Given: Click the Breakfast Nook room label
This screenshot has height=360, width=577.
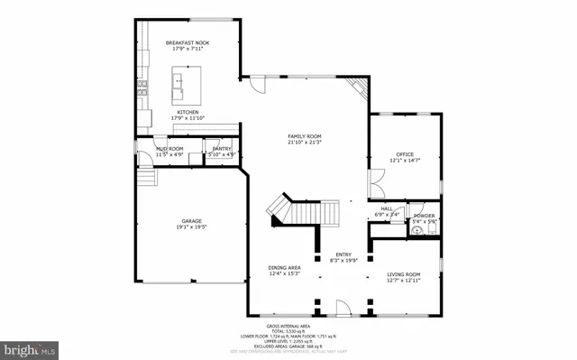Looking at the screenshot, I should pyautogui.click(x=188, y=43).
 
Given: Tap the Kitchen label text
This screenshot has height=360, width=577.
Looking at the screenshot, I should pyautogui.click(x=188, y=112).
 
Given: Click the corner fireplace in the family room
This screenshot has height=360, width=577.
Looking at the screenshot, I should pyautogui.click(x=359, y=88).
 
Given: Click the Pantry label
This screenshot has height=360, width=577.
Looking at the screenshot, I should pyautogui.click(x=221, y=149).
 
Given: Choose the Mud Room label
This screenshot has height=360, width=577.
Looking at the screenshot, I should pyautogui.click(x=169, y=149).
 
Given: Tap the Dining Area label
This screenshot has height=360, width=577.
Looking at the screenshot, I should pyautogui.click(x=284, y=267).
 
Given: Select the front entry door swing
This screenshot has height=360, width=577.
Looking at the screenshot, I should pyautogui.click(x=342, y=310).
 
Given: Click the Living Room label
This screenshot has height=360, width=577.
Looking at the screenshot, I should pyautogui.click(x=404, y=273).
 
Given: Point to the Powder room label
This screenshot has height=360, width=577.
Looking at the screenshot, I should pyautogui.click(x=424, y=216).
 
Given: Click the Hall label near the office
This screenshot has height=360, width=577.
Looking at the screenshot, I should pyautogui.click(x=386, y=208).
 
